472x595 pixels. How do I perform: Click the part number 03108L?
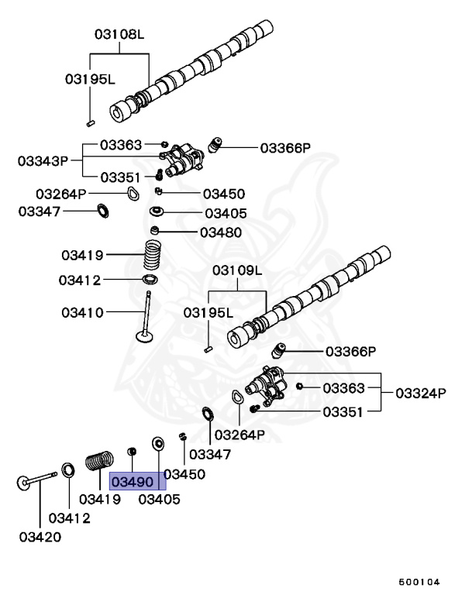pos(119,35)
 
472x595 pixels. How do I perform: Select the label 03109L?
pos(238,270)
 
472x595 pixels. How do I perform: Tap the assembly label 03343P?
pos(43,160)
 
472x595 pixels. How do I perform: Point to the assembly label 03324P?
pos(421,393)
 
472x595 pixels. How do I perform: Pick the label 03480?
pos(221,232)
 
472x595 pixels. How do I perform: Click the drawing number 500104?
pos(419,581)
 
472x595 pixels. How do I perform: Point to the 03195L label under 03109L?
pos(208,312)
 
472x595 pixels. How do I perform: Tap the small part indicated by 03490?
pos(133,452)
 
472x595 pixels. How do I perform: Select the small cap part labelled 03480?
pos(156,230)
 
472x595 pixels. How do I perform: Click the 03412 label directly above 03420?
pos(69,518)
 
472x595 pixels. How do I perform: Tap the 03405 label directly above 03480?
pos(226,213)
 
